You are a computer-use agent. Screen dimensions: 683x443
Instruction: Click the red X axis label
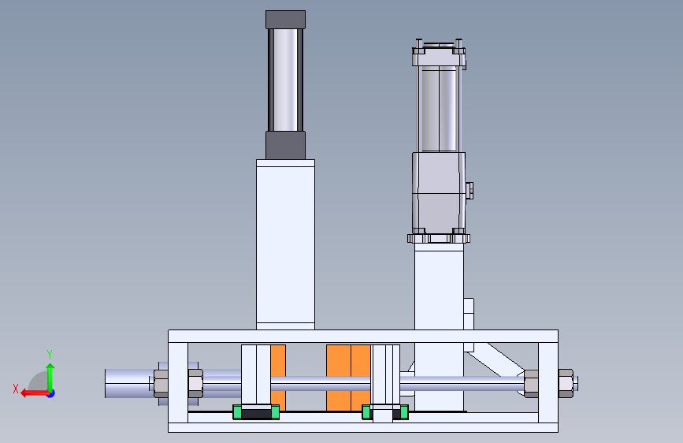point(16,389)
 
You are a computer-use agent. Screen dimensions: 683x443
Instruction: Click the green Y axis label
point(50,355)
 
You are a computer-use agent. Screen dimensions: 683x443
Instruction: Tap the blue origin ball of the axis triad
point(51,393)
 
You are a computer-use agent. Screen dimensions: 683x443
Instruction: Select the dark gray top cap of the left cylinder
point(285,20)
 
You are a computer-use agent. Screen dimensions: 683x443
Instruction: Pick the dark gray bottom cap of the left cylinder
point(285,145)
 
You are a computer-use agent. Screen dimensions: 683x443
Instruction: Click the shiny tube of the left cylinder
point(285,80)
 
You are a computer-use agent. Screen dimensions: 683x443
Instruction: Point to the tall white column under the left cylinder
point(285,244)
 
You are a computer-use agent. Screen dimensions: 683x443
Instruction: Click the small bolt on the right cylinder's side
point(470,191)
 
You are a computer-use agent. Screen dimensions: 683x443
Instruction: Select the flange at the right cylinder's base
point(439,239)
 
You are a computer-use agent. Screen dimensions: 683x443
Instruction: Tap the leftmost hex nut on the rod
point(161,384)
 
